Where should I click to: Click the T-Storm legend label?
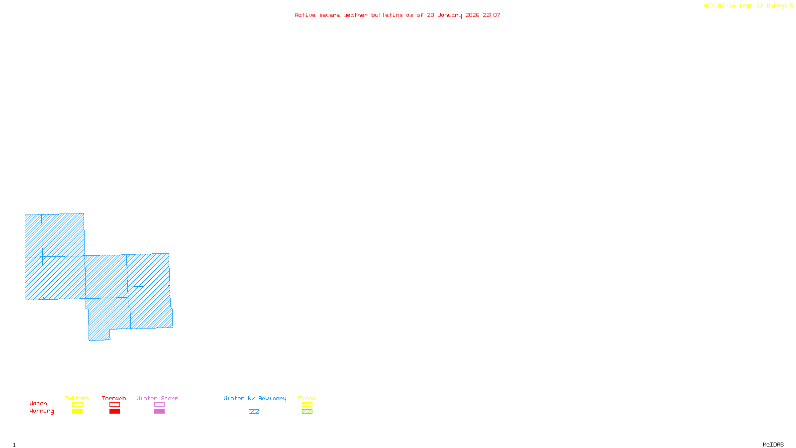[77, 398]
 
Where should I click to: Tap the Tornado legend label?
[114, 398]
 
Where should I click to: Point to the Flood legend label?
[307, 398]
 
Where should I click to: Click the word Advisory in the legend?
[272, 398]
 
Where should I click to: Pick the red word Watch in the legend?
[38, 403]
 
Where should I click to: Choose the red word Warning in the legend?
[41, 411]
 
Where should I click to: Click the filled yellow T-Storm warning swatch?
[77, 412]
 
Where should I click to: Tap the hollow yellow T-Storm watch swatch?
[77, 405]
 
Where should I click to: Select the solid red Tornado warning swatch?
[114, 412]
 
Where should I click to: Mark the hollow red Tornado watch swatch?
[114, 405]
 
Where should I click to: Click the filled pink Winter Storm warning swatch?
[159, 412]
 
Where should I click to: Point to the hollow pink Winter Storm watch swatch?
[159, 405]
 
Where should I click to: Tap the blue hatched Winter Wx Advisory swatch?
[254, 412]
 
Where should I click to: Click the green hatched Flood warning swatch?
[307, 412]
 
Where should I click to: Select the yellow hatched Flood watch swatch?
[307, 405]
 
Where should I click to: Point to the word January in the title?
[450, 15]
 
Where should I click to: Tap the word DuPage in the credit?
[777, 5]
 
